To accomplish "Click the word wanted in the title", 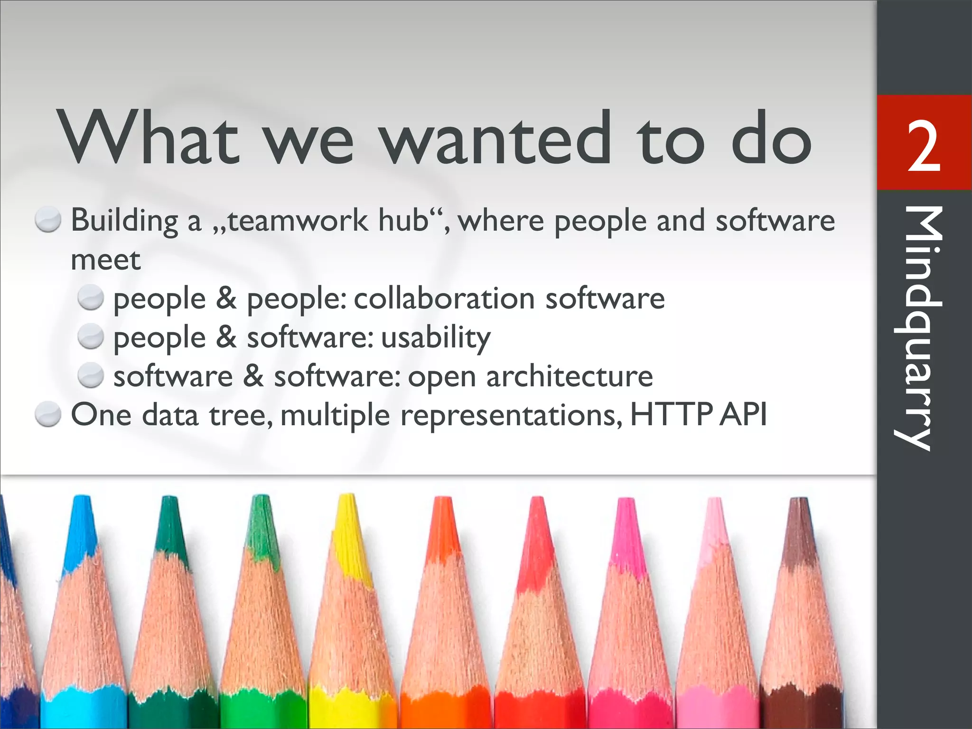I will [496, 139].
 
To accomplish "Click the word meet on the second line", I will [105, 260].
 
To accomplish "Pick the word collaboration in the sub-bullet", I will [444, 299].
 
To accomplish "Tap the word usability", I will [436, 338].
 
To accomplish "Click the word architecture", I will [570, 377].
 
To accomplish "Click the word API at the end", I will [743, 415].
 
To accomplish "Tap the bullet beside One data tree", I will [48, 415].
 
